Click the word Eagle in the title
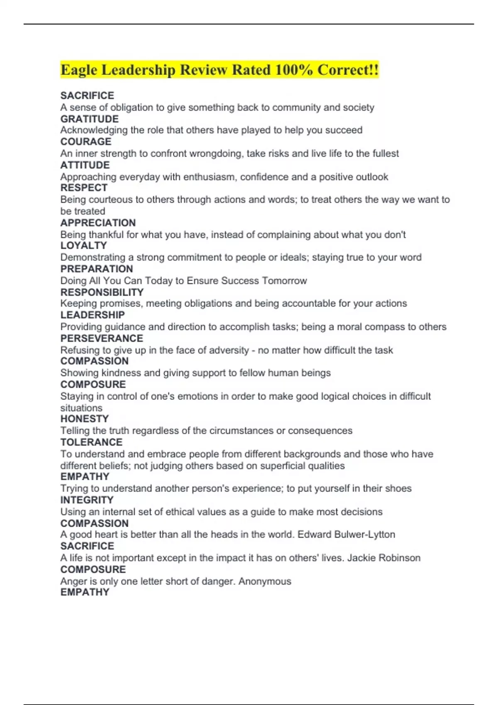79,70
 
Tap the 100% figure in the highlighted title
294,70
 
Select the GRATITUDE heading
90,119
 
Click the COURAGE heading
86,142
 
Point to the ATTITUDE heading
85,165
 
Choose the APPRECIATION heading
98,223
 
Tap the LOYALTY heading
83,246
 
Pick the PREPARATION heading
97,269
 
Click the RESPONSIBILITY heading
102,292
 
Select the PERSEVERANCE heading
102,338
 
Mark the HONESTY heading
85,419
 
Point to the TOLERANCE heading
91,442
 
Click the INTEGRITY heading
87,500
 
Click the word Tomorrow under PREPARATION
284,281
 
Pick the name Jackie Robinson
383,558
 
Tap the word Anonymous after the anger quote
265,581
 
